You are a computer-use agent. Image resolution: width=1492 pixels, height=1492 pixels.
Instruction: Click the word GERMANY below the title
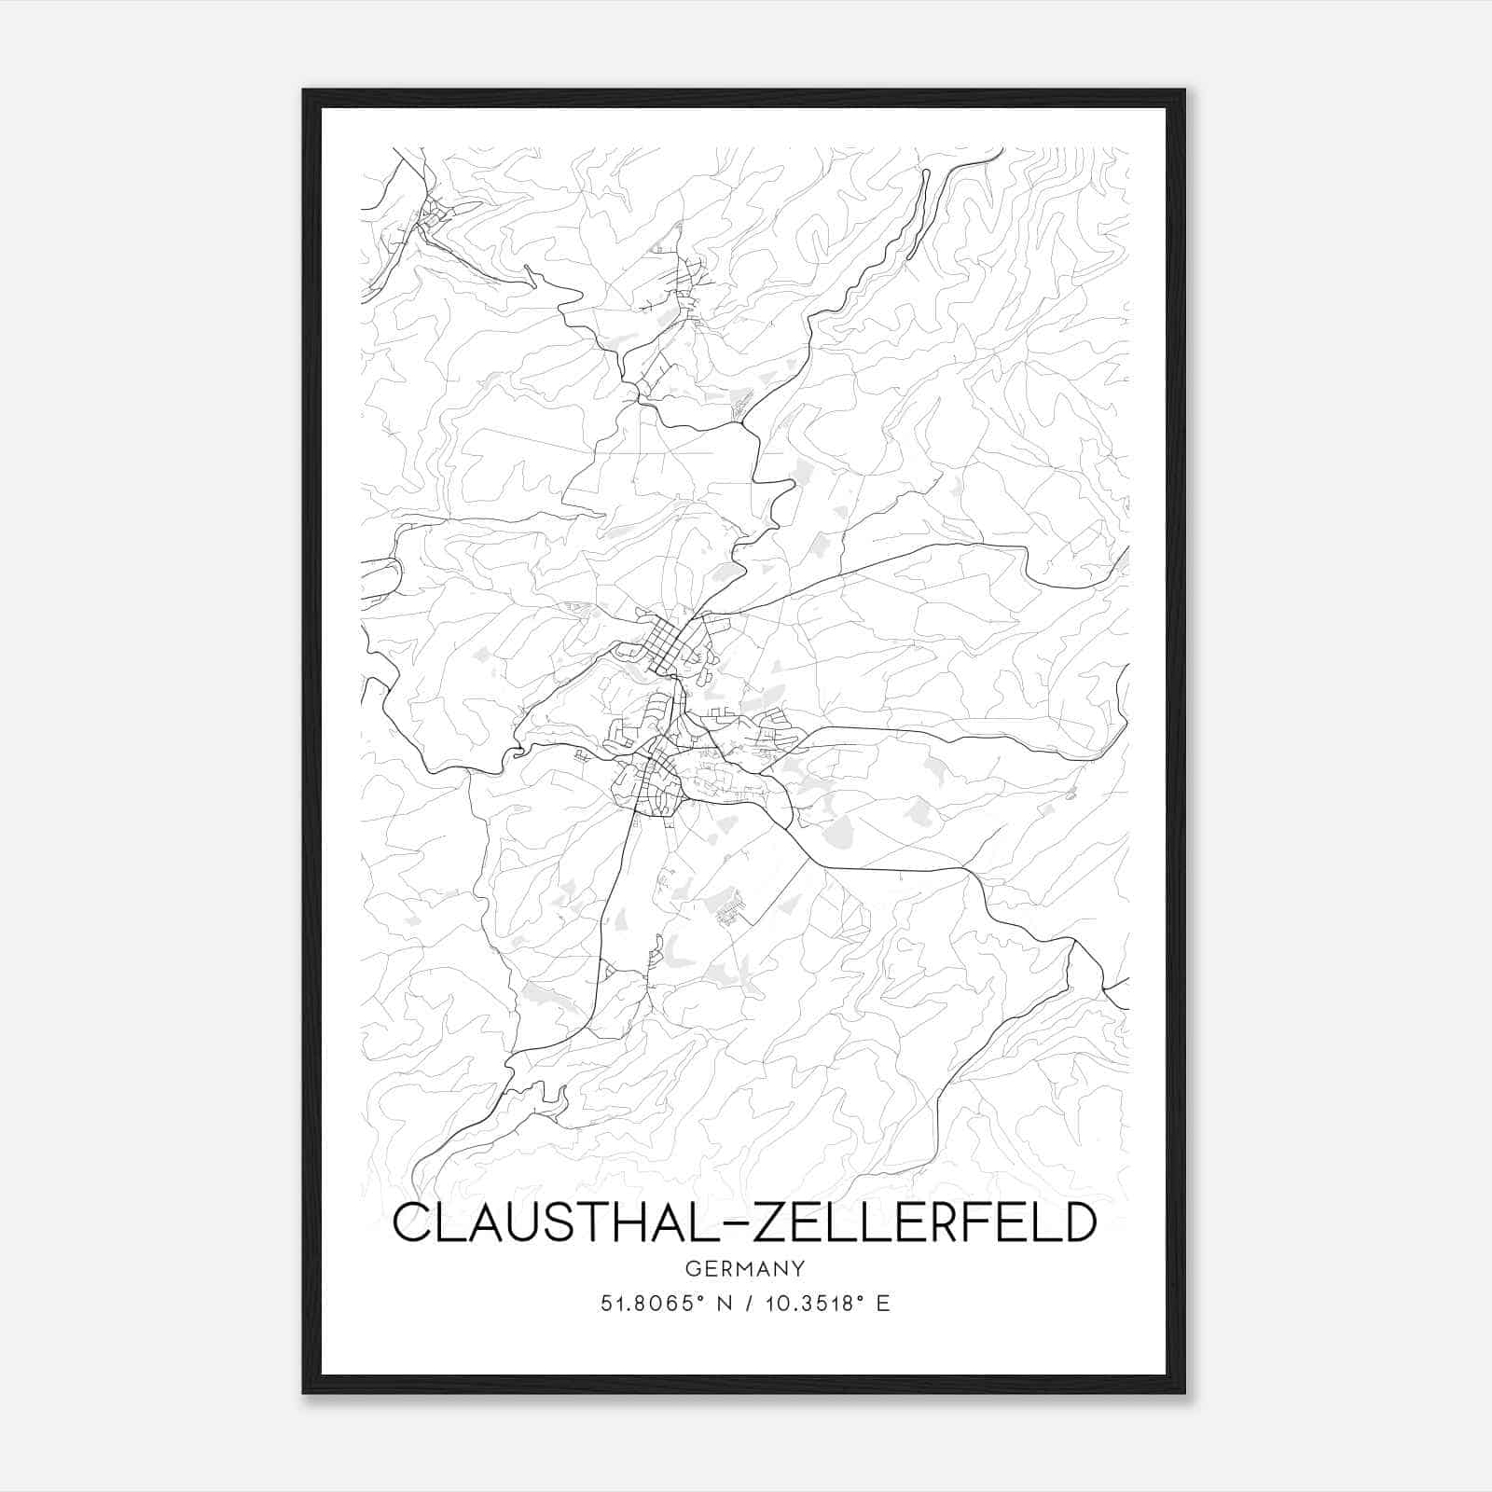(745, 1268)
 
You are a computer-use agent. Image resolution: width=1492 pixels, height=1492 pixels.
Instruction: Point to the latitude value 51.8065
(650, 1303)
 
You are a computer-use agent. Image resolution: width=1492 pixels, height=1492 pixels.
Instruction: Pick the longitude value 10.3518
(812, 1303)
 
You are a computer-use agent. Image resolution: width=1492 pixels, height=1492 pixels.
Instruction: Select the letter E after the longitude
(882, 1303)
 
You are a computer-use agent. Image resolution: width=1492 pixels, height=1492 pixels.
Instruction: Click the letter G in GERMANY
(692, 1268)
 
